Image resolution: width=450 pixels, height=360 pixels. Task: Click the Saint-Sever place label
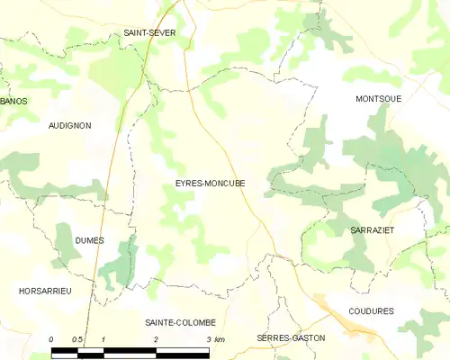pos(150,32)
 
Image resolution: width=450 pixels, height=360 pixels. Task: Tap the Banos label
pos(13,101)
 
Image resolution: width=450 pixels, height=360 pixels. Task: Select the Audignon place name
pos(69,126)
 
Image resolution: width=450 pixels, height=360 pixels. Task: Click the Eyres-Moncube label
pos(210,184)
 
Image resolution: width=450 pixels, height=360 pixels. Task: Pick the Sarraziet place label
pos(373,230)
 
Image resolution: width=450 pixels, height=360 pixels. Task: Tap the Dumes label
pos(90,240)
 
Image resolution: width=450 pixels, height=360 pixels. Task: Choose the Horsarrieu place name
pos(45,291)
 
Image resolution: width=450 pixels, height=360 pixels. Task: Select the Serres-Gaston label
pos(291,337)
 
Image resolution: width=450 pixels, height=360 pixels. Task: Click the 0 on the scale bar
pos(51,338)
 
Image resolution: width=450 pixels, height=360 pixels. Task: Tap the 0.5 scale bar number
pos(78,338)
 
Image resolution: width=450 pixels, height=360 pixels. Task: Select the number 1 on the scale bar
pos(104,338)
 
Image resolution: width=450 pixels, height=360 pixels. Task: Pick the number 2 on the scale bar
pos(157,338)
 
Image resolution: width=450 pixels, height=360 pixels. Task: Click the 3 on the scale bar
pos(208,338)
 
